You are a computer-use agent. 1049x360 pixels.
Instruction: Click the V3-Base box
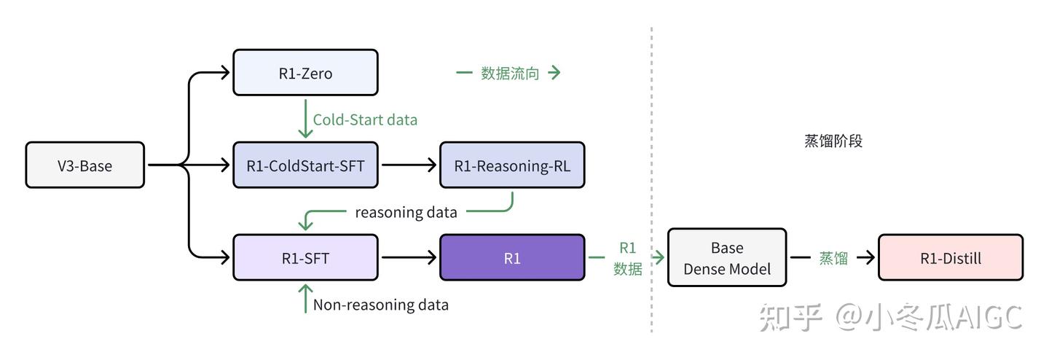[85, 165]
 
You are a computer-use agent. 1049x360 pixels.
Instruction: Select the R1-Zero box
[305, 73]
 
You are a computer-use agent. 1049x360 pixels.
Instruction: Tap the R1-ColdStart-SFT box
[305, 165]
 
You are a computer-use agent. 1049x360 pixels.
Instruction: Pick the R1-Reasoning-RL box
[512, 165]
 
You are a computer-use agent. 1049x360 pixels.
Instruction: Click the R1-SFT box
[305, 257]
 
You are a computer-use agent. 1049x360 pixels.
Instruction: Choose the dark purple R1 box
[512, 257]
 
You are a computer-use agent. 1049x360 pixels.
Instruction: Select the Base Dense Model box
[726, 258]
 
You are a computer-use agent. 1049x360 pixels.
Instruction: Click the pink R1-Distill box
[950, 257]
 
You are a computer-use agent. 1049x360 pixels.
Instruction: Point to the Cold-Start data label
[365, 120]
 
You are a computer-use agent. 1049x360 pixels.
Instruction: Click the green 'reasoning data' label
[406, 212]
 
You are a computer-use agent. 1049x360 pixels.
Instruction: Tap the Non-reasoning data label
[380, 305]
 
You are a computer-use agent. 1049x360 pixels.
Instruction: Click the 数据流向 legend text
[509, 73]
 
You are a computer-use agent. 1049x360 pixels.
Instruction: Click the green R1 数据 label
[627, 258]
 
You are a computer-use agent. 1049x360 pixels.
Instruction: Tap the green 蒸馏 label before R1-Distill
[833, 258]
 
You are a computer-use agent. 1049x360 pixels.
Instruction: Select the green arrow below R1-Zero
[305, 120]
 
